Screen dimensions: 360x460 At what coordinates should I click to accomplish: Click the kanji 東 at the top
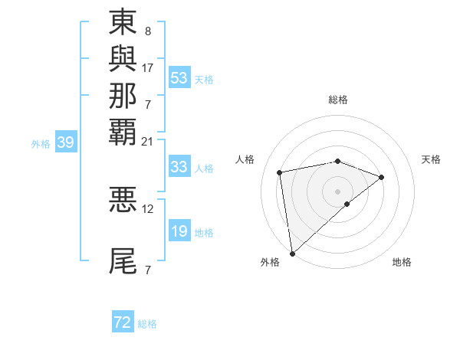pos(123,23)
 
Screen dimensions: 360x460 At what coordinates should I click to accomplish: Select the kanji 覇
pos(123,131)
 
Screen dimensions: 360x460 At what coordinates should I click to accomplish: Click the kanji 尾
pos(123,260)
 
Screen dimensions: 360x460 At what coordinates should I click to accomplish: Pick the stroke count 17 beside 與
pos(148,67)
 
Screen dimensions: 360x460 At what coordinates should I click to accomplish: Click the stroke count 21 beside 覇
pos(148,141)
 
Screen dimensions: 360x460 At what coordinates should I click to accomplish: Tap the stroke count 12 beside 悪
pos(148,208)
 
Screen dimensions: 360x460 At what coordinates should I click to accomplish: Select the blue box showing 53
pos(179,78)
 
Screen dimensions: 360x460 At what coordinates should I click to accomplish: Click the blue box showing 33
pos(179,167)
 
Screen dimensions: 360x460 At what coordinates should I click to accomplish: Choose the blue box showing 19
pos(179,231)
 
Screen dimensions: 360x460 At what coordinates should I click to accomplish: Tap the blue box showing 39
pos(66,142)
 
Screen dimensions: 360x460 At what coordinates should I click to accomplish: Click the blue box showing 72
pos(123,322)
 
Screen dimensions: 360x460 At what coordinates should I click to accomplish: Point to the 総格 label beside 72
pos(147,324)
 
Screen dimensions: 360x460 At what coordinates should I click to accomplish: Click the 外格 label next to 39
pos(41,143)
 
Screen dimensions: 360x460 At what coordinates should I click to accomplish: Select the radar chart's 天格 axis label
pos(432,159)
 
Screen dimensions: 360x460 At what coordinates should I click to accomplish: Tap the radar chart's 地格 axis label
pos(402,262)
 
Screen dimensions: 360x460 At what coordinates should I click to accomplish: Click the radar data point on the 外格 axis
pos(292,253)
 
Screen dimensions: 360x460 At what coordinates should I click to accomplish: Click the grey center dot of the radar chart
pos(337,190)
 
